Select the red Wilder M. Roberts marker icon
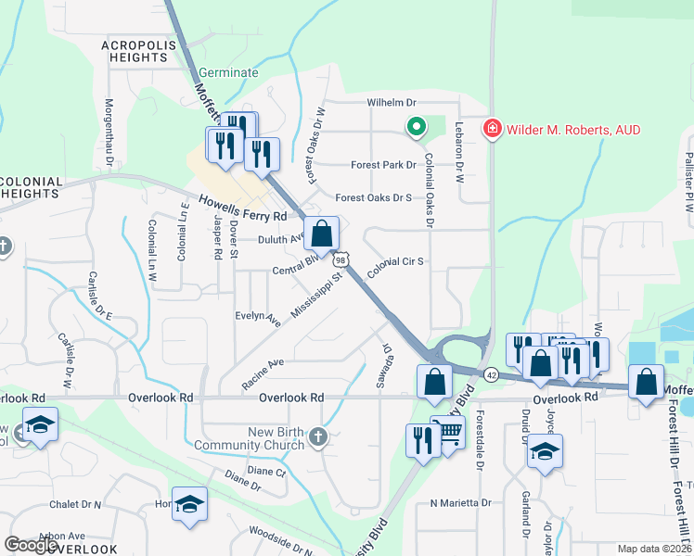(x=492, y=130)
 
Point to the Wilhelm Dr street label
(x=393, y=102)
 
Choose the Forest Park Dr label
(x=383, y=166)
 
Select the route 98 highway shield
(x=342, y=263)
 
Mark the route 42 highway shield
(x=491, y=373)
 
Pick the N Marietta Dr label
(x=459, y=502)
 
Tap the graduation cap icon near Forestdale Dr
(x=545, y=451)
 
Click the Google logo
(x=32, y=545)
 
